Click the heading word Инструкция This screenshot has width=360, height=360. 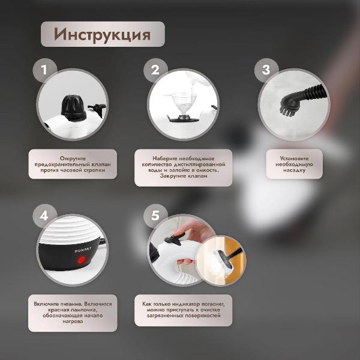[102, 34]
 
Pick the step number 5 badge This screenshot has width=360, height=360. [155, 215]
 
